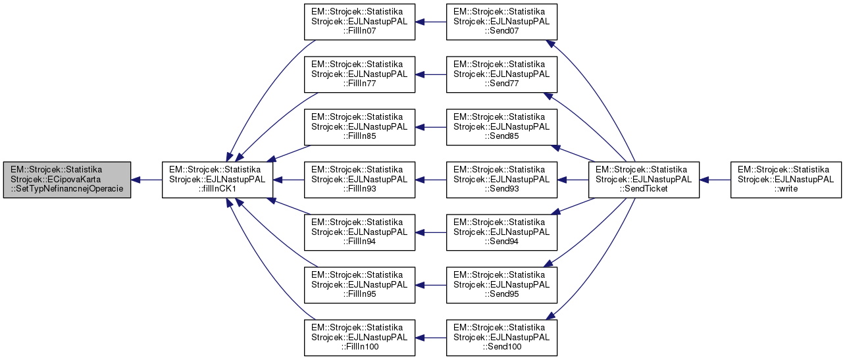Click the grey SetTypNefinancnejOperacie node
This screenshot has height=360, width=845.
66,180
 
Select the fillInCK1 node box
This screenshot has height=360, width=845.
218,180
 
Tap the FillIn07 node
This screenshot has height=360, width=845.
359,22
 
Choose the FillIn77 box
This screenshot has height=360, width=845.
359,74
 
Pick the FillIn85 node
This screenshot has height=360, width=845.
359,127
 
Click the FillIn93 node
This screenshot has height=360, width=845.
359,180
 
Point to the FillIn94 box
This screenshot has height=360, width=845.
359,232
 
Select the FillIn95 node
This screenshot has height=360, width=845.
359,285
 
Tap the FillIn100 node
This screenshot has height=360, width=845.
359,338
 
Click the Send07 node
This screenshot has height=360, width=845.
501,22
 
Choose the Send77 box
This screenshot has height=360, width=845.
501,74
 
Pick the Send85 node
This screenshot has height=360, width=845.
501,127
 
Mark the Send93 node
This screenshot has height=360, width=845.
501,180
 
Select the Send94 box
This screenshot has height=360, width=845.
501,232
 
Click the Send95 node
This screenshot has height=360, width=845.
501,285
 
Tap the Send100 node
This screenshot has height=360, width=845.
501,338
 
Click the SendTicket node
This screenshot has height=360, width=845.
644,180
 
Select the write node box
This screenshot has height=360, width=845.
786,180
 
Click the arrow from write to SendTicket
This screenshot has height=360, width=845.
715,180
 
